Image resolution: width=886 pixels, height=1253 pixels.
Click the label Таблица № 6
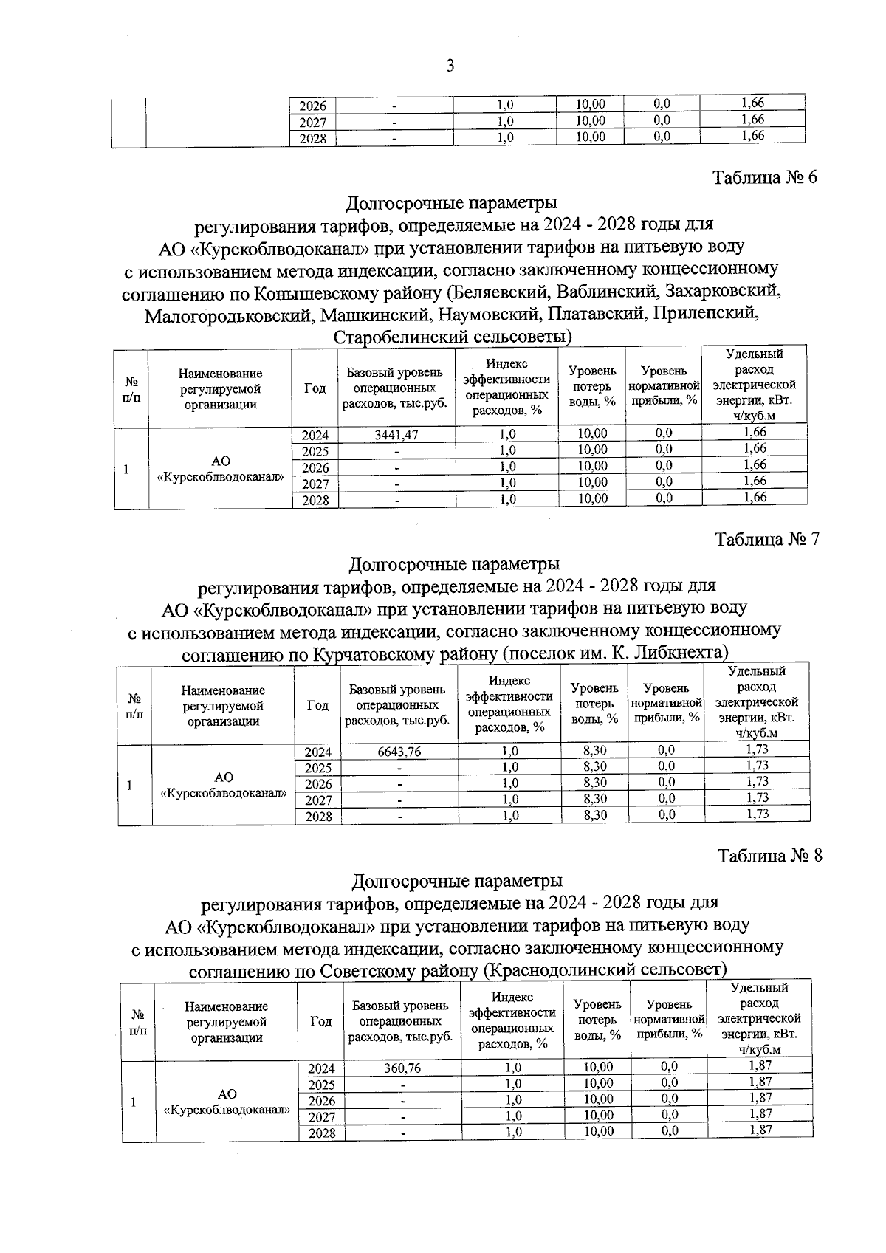pyautogui.click(x=765, y=178)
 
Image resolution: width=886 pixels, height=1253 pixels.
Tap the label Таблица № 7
pyautogui.click(x=767, y=540)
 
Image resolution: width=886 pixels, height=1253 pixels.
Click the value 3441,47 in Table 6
pyautogui.click(x=396, y=435)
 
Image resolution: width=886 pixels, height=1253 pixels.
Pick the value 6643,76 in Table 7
pyautogui.click(x=399, y=752)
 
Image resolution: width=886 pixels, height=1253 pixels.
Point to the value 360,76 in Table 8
pyautogui.click(x=402, y=1068)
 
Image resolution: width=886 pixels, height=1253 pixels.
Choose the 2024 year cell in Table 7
pyautogui.click(x=317, y=752)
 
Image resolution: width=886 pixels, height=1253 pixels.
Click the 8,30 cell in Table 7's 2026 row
pyautogui.click(x=594, y=783)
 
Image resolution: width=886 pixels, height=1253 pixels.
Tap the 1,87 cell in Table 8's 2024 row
pyautogui.click(x=760, y=1065)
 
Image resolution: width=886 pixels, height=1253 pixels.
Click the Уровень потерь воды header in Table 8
pyautogui.click(x=597, y=1020)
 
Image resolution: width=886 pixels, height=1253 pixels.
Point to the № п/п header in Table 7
pyautogui.click(x=134, y=705)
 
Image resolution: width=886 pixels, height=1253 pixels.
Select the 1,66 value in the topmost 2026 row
pyautogui.click(x=752, y=103)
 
